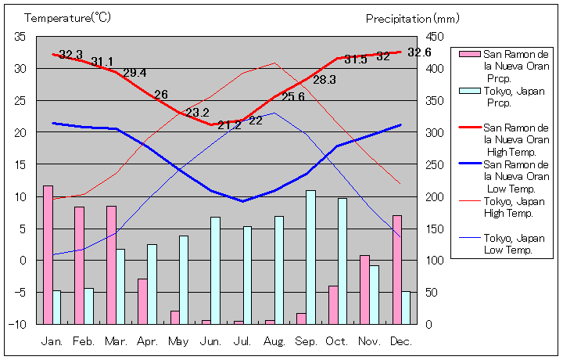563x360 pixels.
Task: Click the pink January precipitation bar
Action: click(x=48, y=254)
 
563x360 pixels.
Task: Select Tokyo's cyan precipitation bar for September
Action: click(x=310, y=257)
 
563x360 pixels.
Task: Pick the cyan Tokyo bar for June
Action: click(x=215, y=270)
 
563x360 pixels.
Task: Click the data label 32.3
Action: click(x=70, y=55)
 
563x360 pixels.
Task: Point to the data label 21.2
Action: click(x=229, y=125)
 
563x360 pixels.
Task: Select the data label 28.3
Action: click(x=325, y=80)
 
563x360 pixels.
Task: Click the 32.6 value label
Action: click(x=419, y=52)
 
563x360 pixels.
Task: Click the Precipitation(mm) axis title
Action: click(x=409, y=18)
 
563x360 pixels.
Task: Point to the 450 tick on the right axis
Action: click(x=435, y=37)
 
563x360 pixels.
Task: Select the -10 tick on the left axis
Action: click(x=20, y=324)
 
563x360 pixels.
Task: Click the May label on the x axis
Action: click(x=178, y=341)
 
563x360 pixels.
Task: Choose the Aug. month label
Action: click(x=274, y=341)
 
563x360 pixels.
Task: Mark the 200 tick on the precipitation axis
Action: click(x=435, y=196)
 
